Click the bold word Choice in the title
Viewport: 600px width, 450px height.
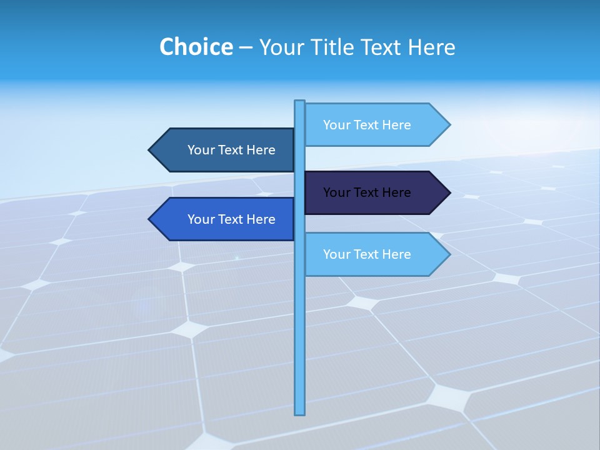pyautogui.click(x=196, y=47)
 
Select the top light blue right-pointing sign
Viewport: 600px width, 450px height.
pyautogui.click(x=369, y=125)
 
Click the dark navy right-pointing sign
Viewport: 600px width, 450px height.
pyautogui.click(x=369, y=192)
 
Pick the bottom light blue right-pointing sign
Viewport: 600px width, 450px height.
pyautogui.click(x=369, y=254)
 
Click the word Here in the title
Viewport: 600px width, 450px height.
pyautogui.click(x=432, y=47)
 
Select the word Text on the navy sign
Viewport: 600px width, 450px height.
pyautogui.click(x=367, y=192)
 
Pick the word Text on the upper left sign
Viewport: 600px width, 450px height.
pyautogui.click(x=231, y=150)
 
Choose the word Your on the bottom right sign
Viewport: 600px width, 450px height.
pyautogui.click(x=336, y=254)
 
